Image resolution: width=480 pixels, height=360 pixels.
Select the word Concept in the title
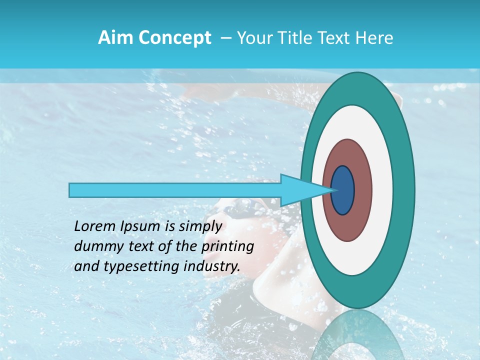tap(174, 38)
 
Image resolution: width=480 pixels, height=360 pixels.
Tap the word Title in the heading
tap(295, 38)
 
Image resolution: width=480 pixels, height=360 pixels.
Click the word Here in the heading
tap(374, 38)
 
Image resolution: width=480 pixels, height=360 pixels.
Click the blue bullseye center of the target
tap(342, 190)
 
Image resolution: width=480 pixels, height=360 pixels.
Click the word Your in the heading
tap(252, 38)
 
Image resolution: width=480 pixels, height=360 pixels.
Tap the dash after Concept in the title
tap(226, 38)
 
